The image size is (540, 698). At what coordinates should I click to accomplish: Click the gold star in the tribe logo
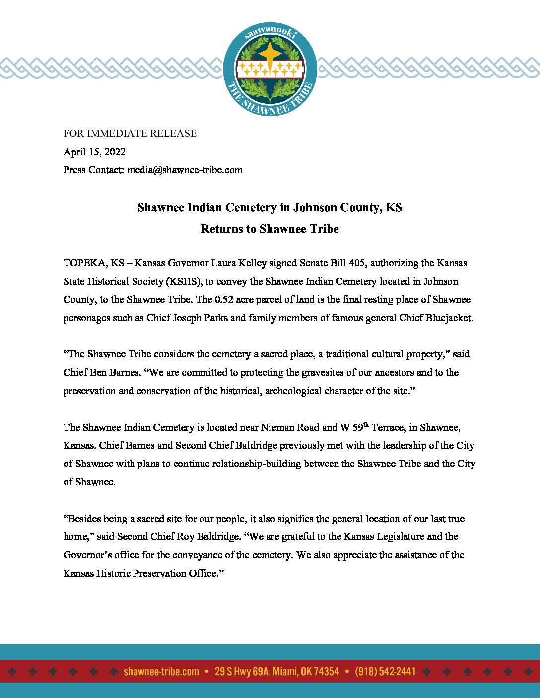click(270, 53)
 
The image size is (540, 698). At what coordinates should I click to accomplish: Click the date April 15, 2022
click(94, 152)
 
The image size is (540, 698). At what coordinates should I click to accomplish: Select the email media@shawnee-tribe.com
click(185, 170)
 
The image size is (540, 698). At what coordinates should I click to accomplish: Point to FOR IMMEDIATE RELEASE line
click(130, 133)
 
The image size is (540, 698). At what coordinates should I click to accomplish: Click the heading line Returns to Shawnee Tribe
click(270, 229)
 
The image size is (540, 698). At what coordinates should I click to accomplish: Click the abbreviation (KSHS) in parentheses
click(184, 281)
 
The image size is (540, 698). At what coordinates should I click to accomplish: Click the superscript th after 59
click(366, 424)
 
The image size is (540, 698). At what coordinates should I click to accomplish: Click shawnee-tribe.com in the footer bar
click(161, 672)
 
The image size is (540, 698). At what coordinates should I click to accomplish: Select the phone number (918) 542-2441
click(385, 672)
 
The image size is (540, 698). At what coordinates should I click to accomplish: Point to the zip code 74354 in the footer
click(327, 672)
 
